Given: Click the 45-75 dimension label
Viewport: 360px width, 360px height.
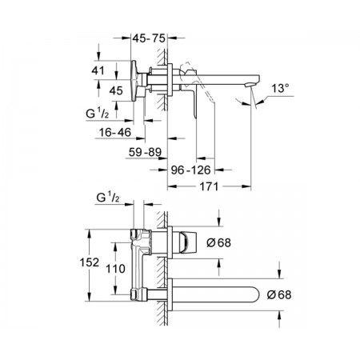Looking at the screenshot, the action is pyautogui.click(x=149, y=38).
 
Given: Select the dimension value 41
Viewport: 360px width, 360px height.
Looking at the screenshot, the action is pyautogui.click(x=98, y=70).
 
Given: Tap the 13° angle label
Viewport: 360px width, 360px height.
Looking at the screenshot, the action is pyautogui.click(x=280, y=88).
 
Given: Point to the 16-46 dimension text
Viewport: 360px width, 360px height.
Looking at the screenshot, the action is pyautogui.click(x=115, y=132).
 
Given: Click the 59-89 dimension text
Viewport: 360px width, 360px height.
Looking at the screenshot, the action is pyautogui.click(x=145, y=152).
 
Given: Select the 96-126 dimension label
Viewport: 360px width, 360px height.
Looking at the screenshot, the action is pyautogui.click(x=190, y=170).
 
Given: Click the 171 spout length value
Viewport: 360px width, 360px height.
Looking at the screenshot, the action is pyautogui.click(x=209, y=186).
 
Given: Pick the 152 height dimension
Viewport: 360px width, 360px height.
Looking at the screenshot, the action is pyautogui.click(x=90, y=262).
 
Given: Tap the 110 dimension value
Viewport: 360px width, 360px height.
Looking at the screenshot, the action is pyautogui.click(x=115, y=269).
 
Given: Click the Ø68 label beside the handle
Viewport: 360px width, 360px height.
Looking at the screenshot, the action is pyautogui.click(x=218, y=242).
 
